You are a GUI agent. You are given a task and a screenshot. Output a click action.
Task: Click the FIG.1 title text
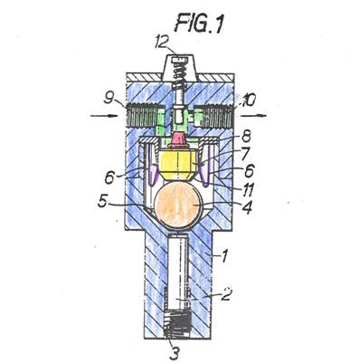click(199, 24)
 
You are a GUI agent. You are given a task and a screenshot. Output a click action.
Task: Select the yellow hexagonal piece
click(178, 165)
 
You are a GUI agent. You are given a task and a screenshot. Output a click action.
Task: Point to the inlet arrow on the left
click(104, 116)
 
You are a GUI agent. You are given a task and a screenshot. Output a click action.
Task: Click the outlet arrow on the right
click(253, 116)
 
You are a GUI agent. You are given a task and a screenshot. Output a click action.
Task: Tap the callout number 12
click(165, 43)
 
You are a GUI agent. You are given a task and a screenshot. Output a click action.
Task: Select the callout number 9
click(109, 99)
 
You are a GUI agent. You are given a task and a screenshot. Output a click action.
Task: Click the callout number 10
click(246, 101)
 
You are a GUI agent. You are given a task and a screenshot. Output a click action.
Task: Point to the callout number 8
click(246, 138)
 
